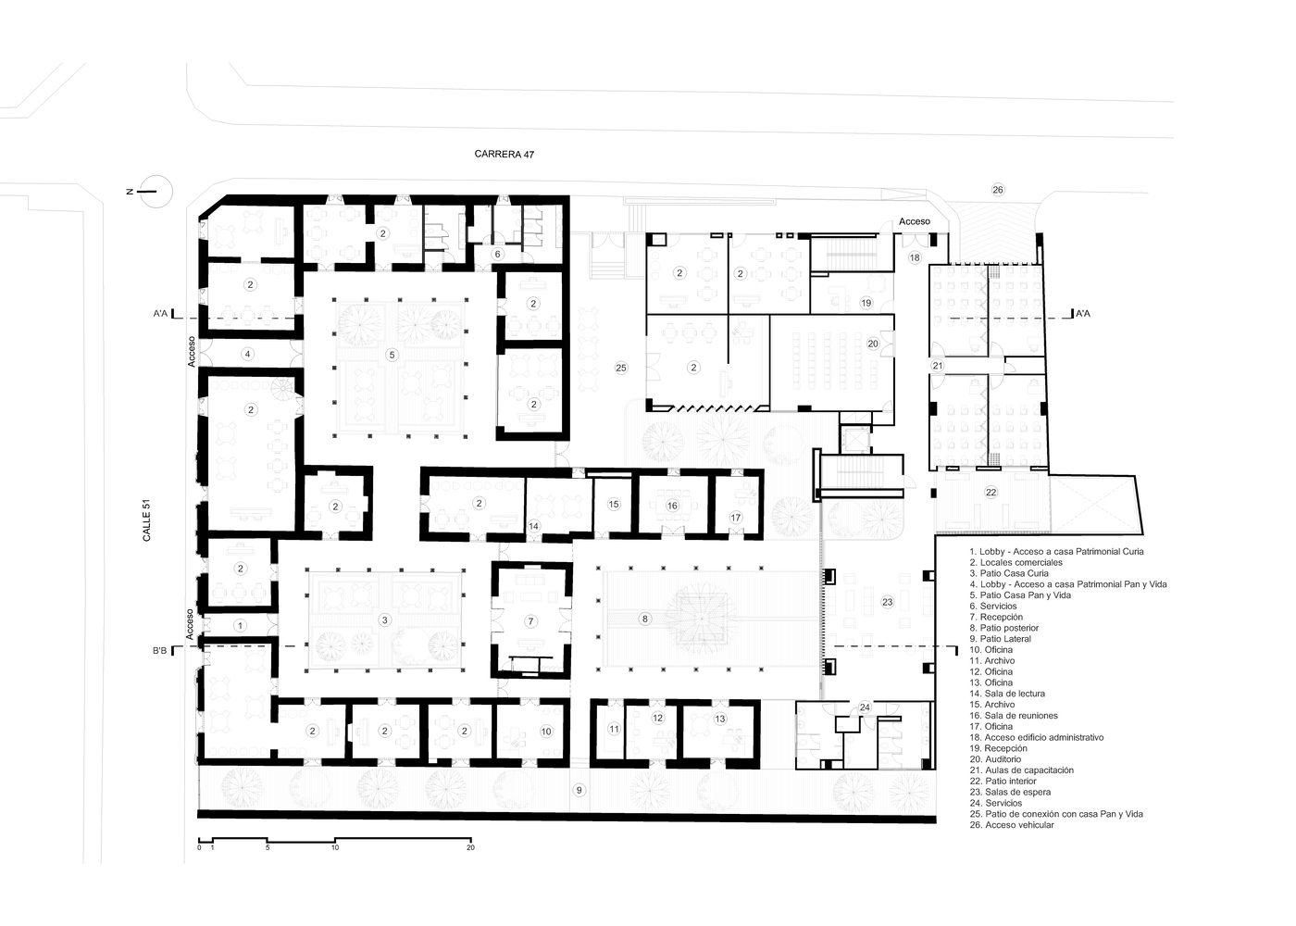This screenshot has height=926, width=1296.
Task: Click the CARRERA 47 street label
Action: click(504, 154)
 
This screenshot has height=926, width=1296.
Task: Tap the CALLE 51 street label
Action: click(146, 520)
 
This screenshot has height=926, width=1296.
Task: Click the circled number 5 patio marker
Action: click(392, 355)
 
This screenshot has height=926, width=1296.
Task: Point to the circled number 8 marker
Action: click(645, 619)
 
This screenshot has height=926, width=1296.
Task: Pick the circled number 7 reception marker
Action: click(530, 621)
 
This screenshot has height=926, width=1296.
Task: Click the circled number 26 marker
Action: click(998, 190)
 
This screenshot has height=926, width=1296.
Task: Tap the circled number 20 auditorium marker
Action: click(872, 344)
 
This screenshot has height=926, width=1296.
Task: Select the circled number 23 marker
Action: click(887, 602)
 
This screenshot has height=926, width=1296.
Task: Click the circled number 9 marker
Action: click(579, 790)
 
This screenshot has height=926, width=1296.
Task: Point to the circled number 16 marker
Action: click(672, 506)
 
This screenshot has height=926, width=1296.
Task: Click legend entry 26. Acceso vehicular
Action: click(1012, 825)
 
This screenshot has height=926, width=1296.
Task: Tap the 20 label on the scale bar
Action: click(470, 847)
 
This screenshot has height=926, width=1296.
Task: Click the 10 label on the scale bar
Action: click(335, 847)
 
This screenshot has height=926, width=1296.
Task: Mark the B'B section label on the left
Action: click(159, 650)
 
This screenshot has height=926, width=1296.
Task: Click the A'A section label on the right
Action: click(1082, 314)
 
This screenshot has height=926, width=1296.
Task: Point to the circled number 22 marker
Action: click(991, 492)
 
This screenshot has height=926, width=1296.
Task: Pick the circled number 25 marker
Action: click(621, 368)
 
